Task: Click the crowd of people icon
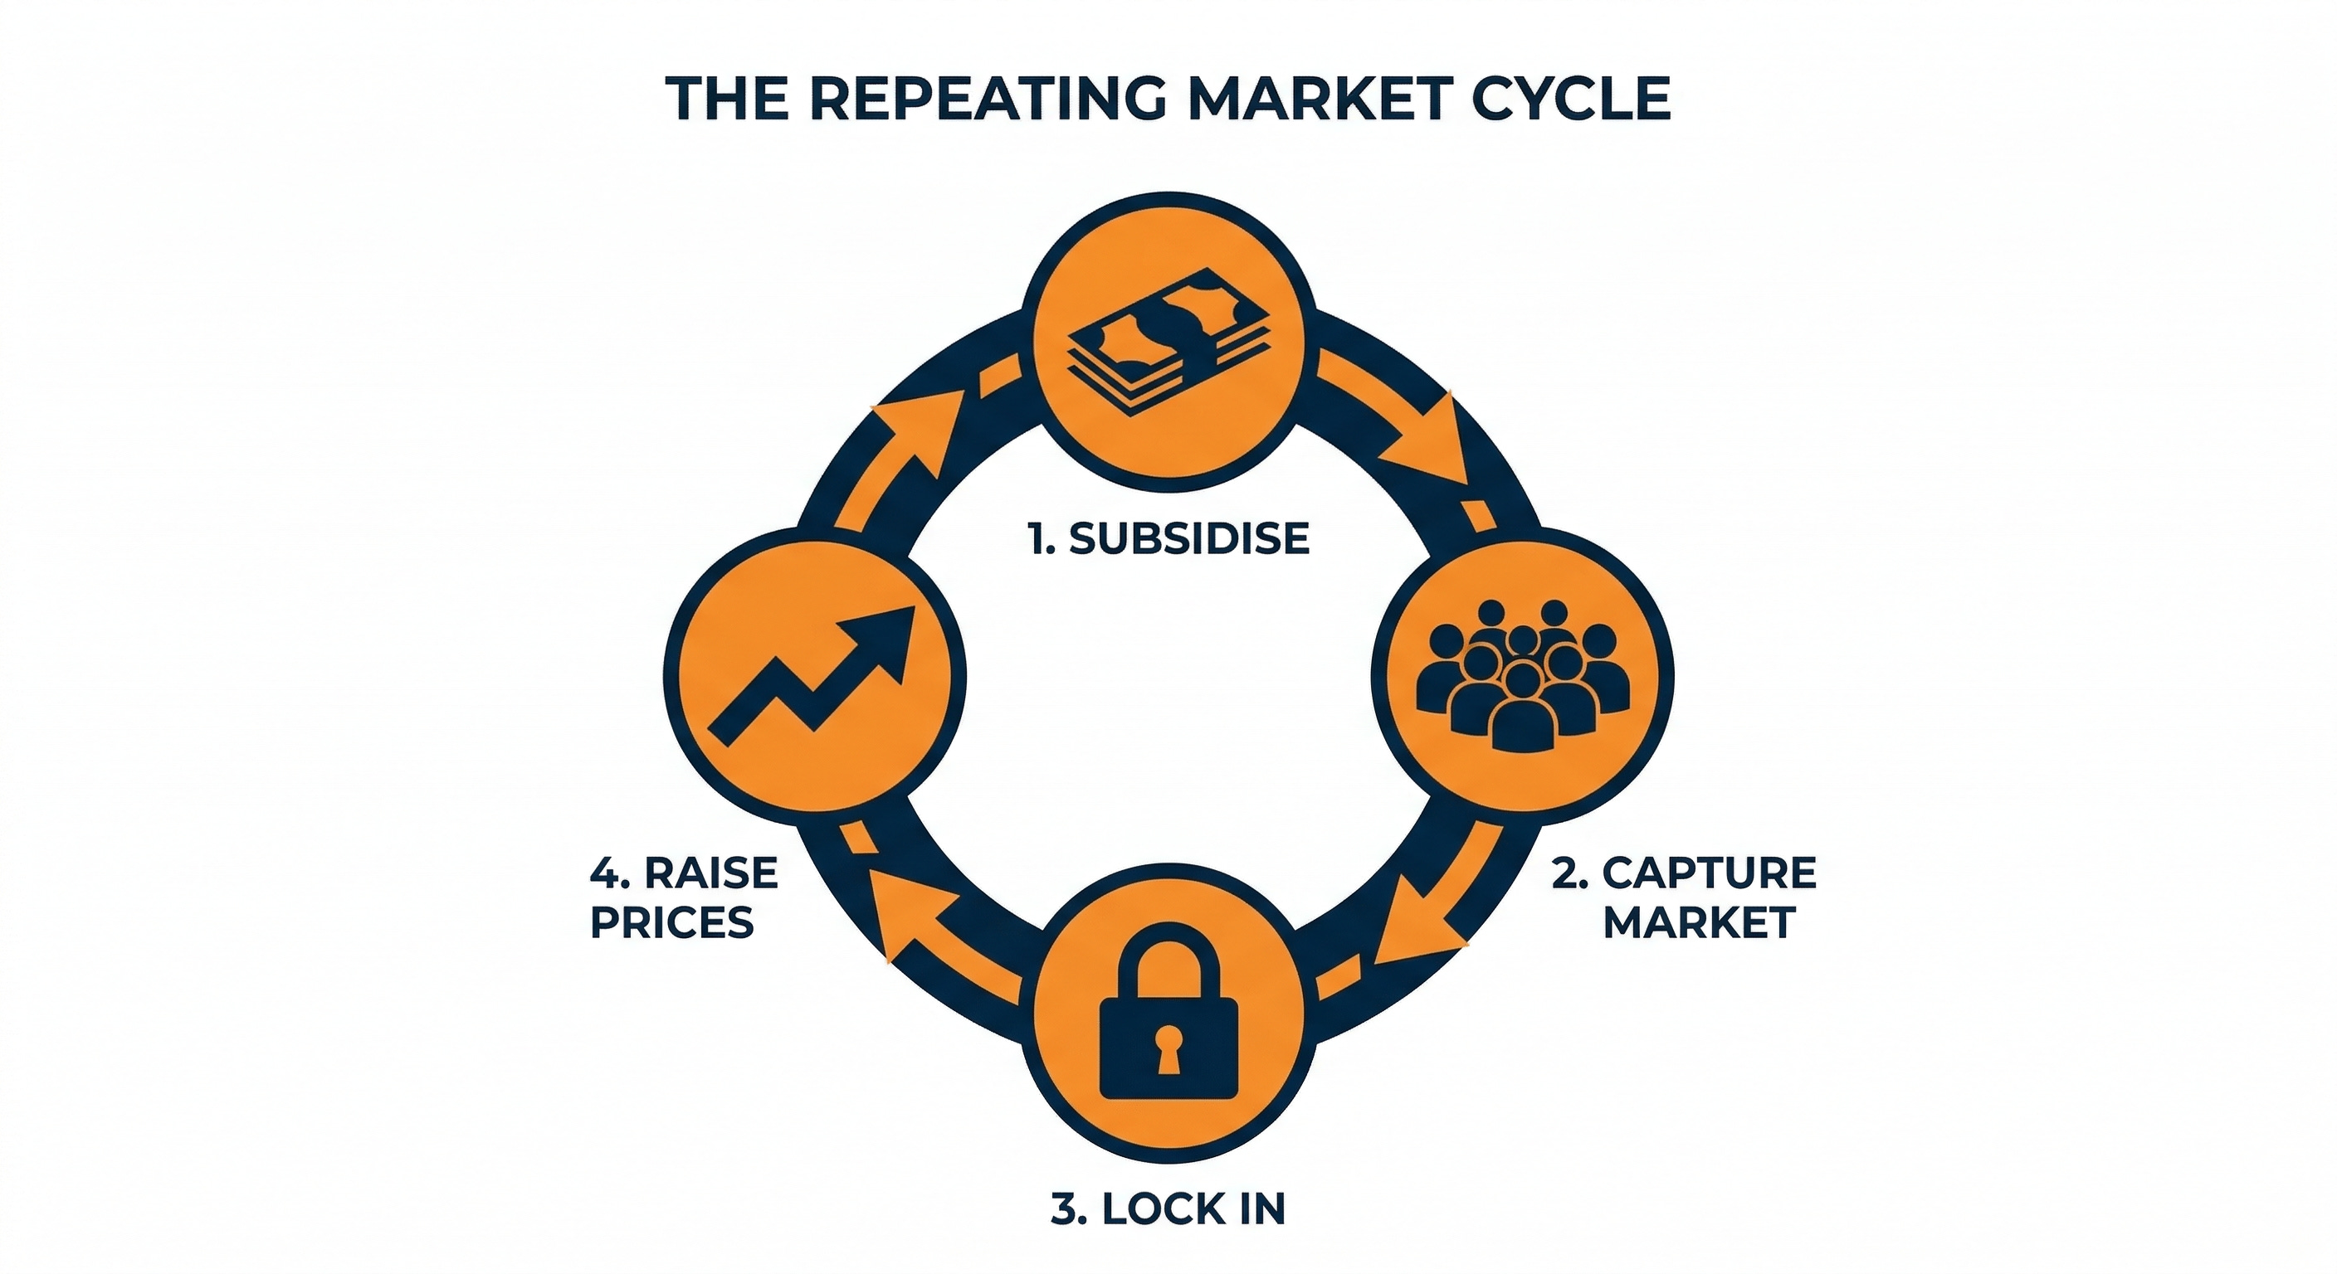click(1522, 674)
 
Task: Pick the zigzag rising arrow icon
click(812, 675)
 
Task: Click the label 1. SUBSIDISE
click(1169, 538)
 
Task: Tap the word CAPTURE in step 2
click(1710, 873)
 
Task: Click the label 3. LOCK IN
click(1168, 1208)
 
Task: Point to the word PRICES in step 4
click(672, 922)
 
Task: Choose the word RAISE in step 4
click(711, 873)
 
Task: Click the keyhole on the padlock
click(1168, 1043)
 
